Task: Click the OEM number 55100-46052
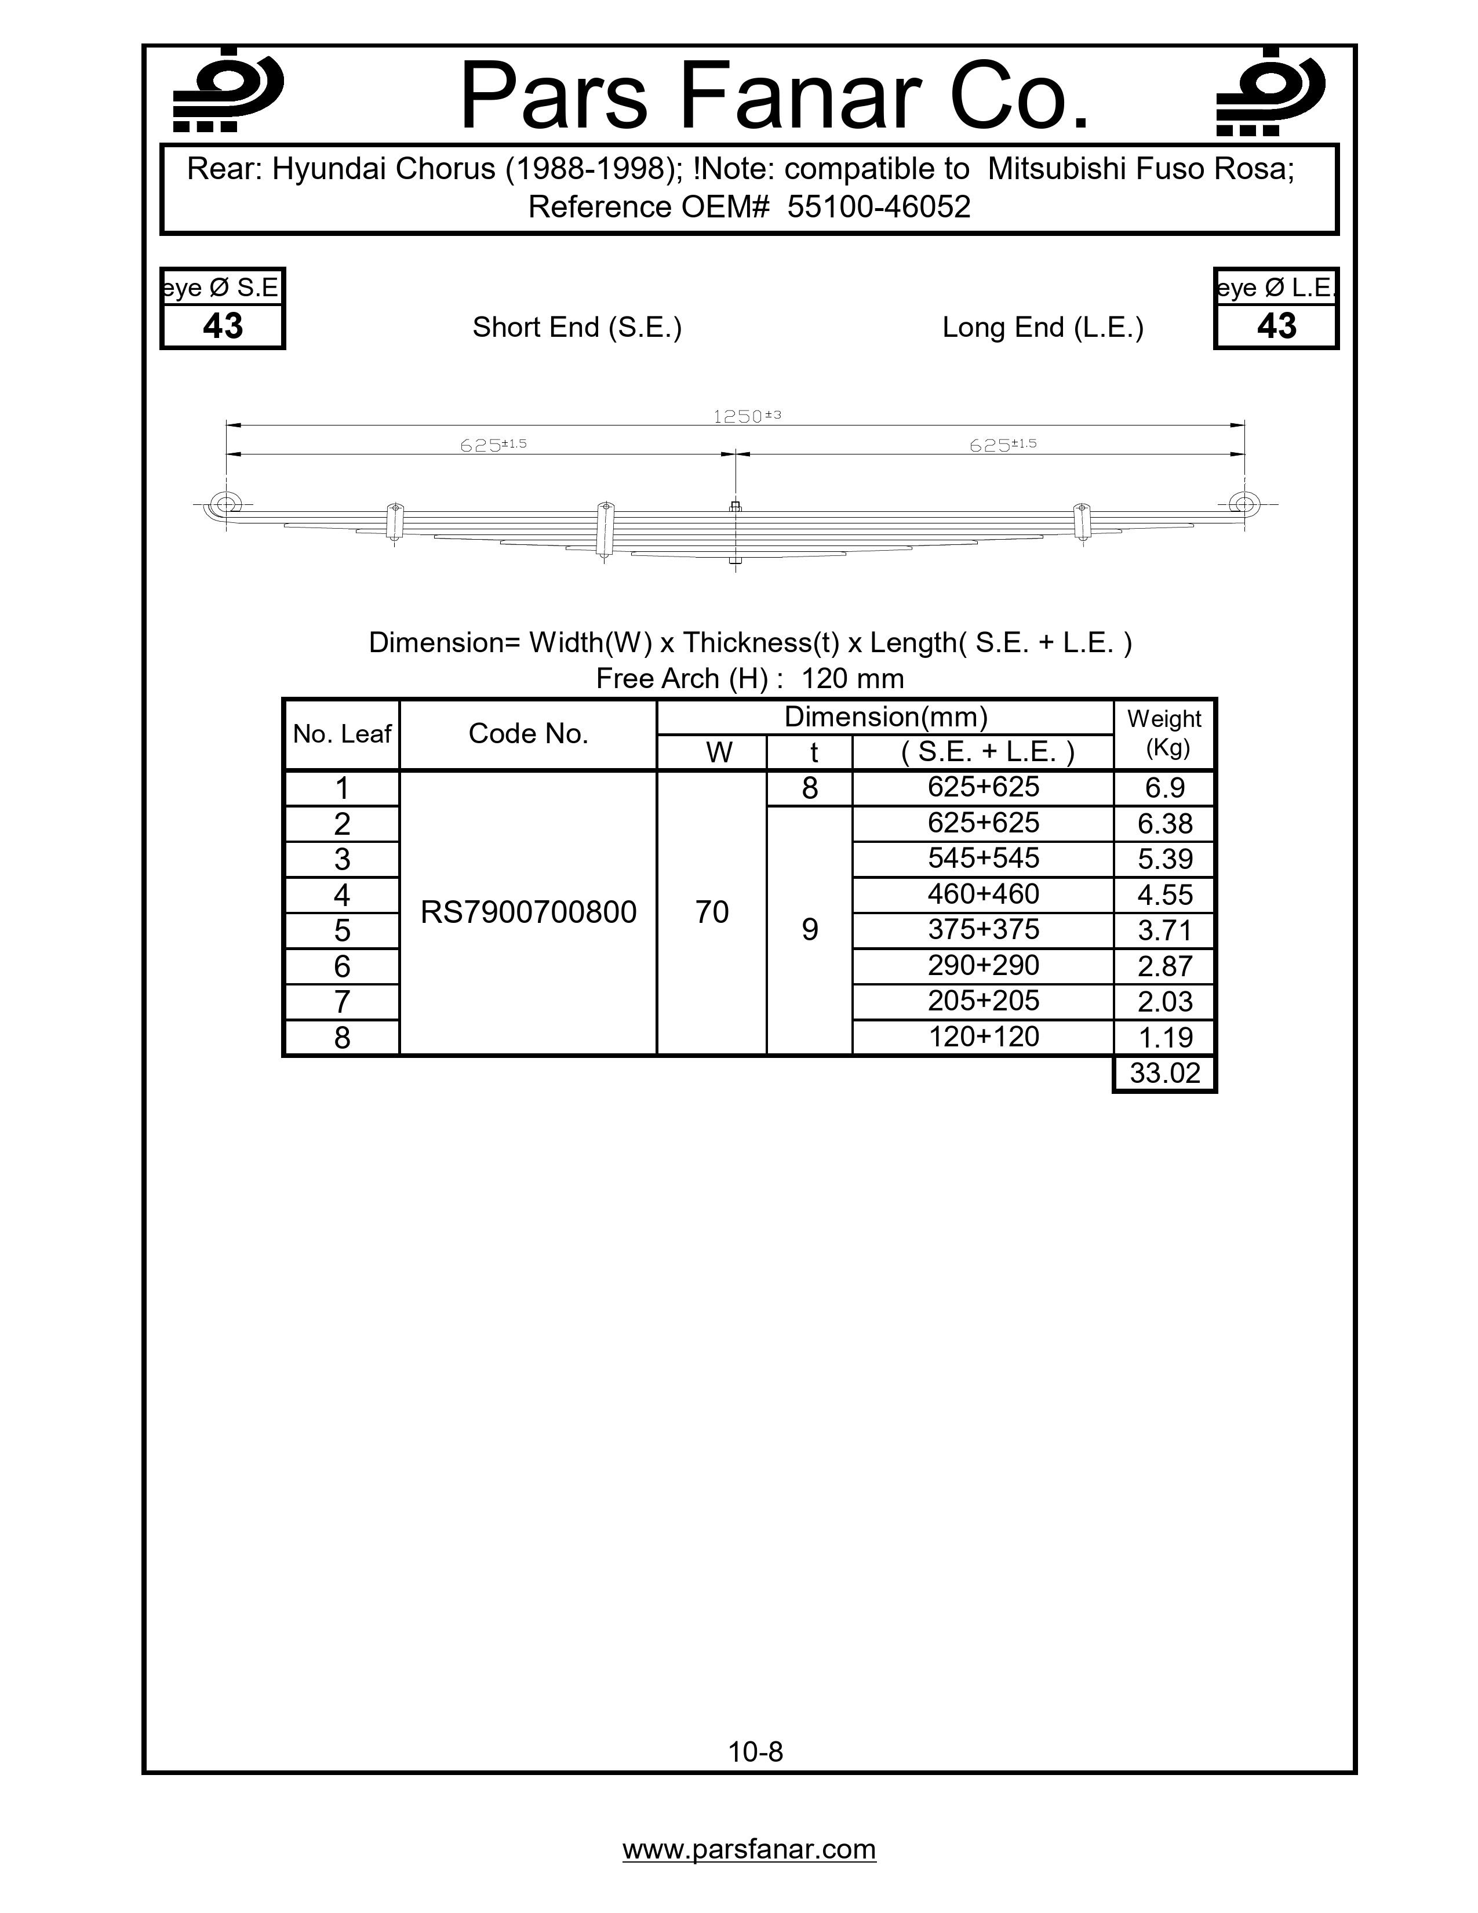tap(878, 208)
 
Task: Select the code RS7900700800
tap(528, 912)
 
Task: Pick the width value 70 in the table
tap(712, 912)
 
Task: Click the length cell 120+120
tap(983, 1037)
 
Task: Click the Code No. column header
tap(528, 734)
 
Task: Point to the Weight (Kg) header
tap(1164, 733)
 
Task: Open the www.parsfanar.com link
tap(749, 1849)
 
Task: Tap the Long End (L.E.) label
tap(1043, 328)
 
